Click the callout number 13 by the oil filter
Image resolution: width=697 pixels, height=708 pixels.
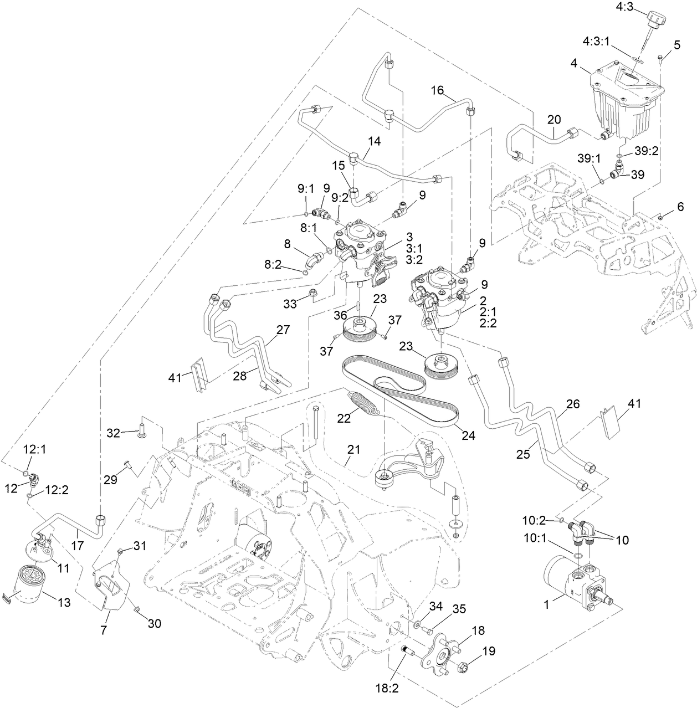pos(64,603)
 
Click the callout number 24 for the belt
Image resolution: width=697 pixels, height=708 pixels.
pos(469,435)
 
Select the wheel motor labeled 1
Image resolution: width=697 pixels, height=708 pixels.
pos(576,582)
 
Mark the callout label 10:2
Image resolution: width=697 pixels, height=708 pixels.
pos(534,520)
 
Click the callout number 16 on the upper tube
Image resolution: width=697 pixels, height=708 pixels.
pos(437,90)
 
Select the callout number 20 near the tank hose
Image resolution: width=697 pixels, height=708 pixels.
pos(554,119)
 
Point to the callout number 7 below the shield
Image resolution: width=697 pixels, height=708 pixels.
pos(104,631)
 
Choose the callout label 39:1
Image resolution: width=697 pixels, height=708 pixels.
pos(589,158)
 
